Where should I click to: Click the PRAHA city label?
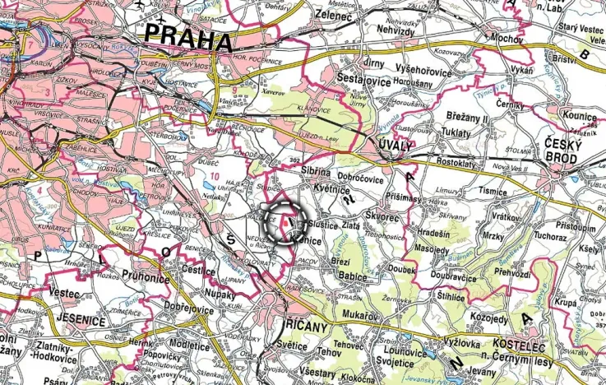click(x=187, y=37)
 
